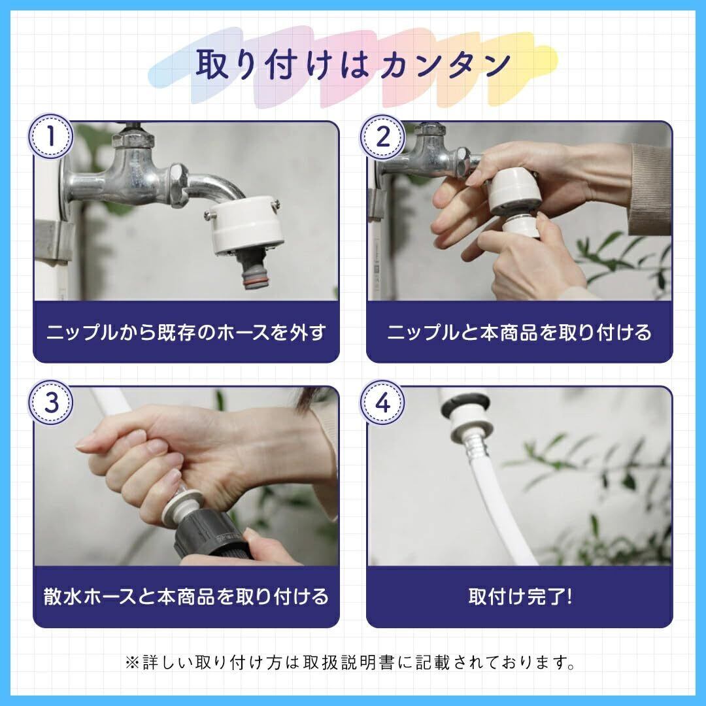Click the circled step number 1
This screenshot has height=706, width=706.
[51, 136]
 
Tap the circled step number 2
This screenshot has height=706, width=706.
[382, 136]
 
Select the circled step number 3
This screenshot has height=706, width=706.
[51, 402]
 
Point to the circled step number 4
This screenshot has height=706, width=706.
[382, 402]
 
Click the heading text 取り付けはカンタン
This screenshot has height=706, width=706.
[354, 64]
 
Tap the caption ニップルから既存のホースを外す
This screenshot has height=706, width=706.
[186, 332]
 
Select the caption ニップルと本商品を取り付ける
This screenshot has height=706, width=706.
[519, 332]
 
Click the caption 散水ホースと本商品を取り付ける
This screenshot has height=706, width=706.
[186, 596]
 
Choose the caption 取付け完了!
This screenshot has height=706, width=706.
[520, 596]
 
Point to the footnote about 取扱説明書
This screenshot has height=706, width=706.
[350, 662]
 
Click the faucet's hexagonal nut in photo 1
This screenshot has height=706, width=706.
[178, 185]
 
